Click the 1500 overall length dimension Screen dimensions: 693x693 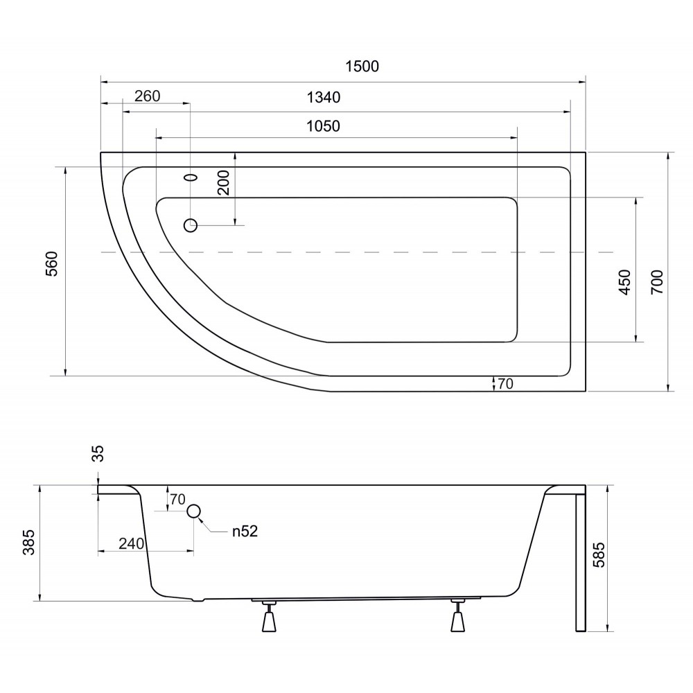pyautogui.click(x=362, y=67)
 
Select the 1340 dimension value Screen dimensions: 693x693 pyautogui.click(x=324, y=97)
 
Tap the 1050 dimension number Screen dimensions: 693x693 pyautogui.click(x=324, y=126)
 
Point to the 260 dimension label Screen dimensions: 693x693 pyautogui.click(x=147, y=96)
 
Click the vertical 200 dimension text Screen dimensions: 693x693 pyautogui.click(x=224, y=182)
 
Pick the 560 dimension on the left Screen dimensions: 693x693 pyautogui.click(x=52, y=264)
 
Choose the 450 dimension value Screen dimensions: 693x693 pyautogui.click(x=625, y=282)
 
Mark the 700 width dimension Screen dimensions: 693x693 pyautogui.click(x=657, y=282)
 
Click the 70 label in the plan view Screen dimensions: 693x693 pyautogui.click(x=506, y=384)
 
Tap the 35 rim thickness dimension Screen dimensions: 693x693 pyautogui.click(x=98, y=453)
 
